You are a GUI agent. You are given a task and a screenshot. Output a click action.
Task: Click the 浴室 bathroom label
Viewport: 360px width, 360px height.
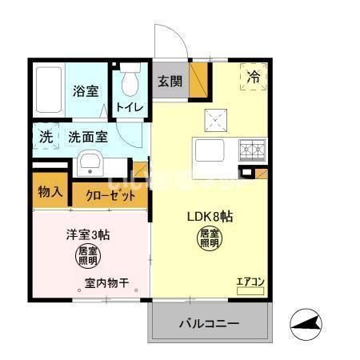coord(86,91)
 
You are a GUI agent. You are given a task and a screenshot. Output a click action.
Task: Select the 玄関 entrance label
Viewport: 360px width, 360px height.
coord(170,82)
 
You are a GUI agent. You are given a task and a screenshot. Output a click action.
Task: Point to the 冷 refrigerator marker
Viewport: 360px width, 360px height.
coord(253,78)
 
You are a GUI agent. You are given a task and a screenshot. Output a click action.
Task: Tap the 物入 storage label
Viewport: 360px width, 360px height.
coord(50,192)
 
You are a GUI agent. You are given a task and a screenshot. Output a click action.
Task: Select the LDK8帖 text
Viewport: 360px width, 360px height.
coord(210,216)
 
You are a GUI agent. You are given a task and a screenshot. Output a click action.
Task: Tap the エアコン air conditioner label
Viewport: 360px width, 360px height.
coord(249,281)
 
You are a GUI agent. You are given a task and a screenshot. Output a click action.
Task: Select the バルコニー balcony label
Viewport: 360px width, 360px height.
coord(208,326)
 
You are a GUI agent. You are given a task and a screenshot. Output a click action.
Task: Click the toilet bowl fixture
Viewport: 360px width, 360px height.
coord(128,83)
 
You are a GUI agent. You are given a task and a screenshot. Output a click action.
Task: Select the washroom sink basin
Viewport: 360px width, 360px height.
coord(90,166)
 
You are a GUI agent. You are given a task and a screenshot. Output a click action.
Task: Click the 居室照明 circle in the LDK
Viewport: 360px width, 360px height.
coord(210,238)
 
